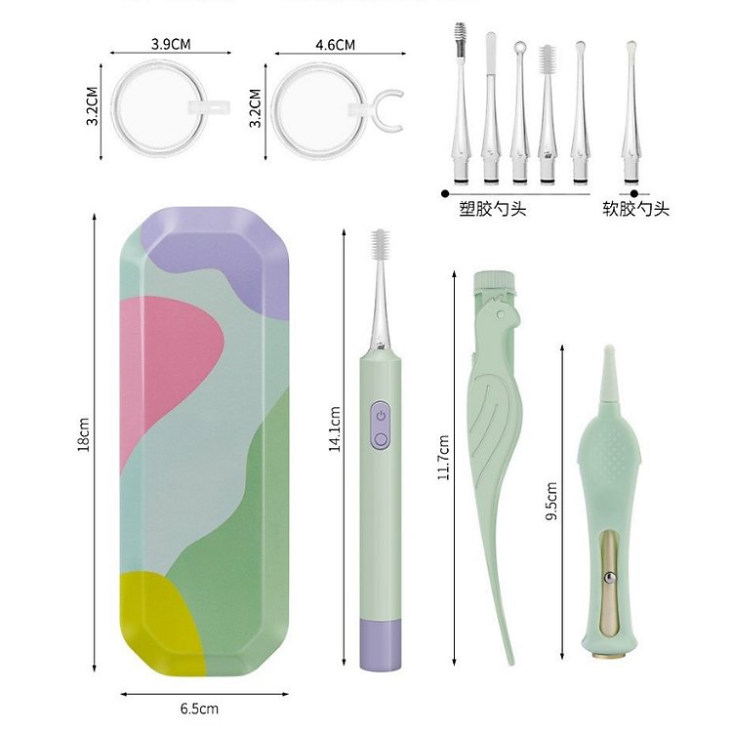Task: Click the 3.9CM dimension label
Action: coord(171,44)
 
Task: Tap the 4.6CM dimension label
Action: coord(335,45)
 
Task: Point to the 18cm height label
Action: coord(84,434)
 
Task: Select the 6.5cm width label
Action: coord(199,709)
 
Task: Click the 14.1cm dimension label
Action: coord(335,428)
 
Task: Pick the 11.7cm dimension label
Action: coord(443,457)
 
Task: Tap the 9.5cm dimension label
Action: coord(551,501)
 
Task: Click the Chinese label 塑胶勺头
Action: coord(493,209)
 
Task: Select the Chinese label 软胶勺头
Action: coord(635,209)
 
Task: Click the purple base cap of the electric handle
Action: coord(381,645)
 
